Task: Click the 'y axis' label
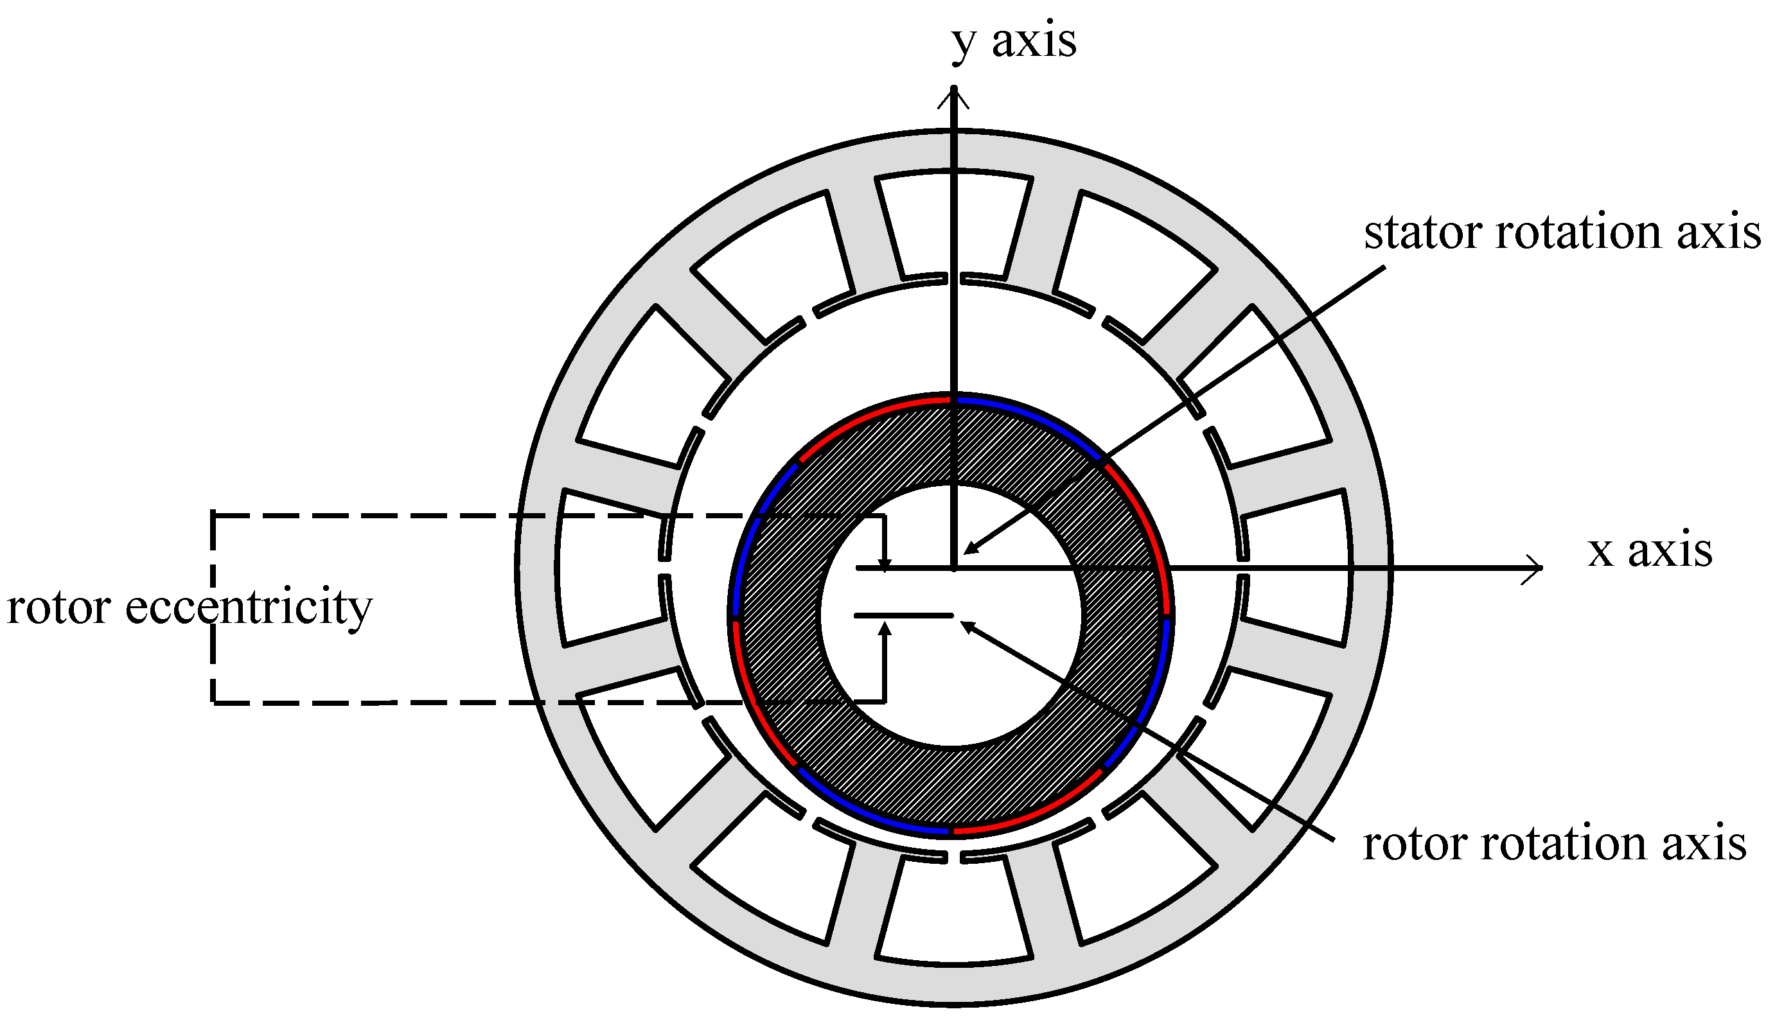[x=1013, y=42]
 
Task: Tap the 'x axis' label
[x=1650, y=551]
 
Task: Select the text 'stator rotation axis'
[x=1562, y=232]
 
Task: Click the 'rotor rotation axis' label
[x=1555, y=843]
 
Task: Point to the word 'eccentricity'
[x=248, y=607]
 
